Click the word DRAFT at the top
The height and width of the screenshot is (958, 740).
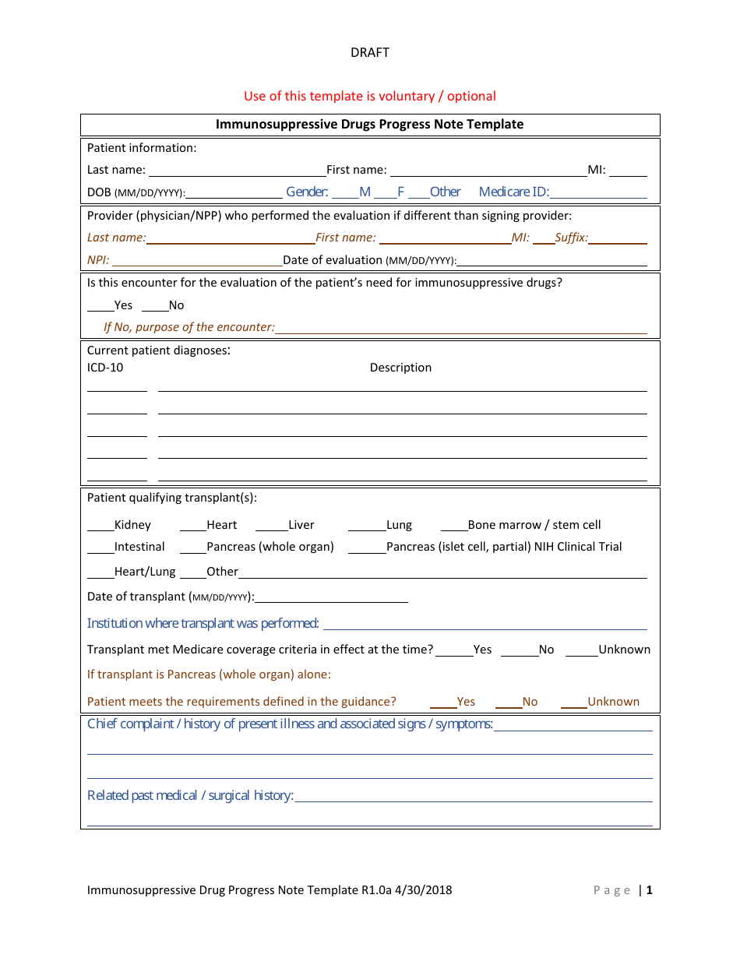click(x=369, y=53)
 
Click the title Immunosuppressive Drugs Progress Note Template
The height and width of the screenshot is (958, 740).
click(x=369, y=125)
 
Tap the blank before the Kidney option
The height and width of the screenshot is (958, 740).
click(x=100, y=527)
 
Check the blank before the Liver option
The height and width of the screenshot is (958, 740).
click(x=272, y=527)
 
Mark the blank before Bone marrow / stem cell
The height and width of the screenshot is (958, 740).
click(x=454, y=527)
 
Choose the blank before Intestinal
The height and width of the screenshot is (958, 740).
click(x=100, y=548)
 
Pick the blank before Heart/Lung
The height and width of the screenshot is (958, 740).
click(x=100, y=573)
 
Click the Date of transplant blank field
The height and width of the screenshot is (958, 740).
click(x=331, y=598)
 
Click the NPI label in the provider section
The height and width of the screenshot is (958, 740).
click(x=98, y=260)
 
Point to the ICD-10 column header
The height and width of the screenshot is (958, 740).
click(x=105, y=368)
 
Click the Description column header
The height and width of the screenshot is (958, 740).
click(x=400, y=368)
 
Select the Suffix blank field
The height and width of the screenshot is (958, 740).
click(x=618, y=239)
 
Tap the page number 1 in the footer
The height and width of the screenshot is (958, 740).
click(x=649, y=890)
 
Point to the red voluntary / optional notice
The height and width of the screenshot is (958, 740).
click(x=369, y=97)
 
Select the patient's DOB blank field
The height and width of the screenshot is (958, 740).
click(x=234, y=193)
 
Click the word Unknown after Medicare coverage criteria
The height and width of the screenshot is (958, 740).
click(x=624, y=650)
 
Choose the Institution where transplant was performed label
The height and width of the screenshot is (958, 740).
click(x=203, y=623)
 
